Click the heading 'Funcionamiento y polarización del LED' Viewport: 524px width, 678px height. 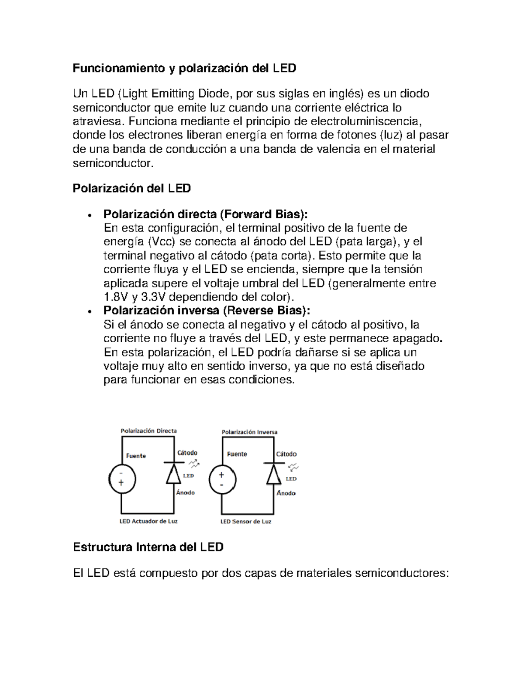tap(184, 68)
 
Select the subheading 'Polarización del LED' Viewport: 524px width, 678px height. tap(131, 188)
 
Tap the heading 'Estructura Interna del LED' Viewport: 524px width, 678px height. tap(148, 547)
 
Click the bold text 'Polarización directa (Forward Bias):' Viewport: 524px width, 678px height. tap(205, 214)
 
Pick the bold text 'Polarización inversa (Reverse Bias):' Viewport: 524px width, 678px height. tap(207, 310)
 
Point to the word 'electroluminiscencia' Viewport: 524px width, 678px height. tap(366, 121)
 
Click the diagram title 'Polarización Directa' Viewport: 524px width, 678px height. tap(148, 430)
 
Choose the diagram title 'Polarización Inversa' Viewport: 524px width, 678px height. tap(249, 432)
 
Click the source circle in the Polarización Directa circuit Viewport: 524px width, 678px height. tap(122, 479)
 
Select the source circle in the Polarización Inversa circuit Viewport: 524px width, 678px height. tap(223, 480)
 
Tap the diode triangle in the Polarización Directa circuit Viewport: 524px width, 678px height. tap(174, 474)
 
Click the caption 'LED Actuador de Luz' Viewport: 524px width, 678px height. tap(148, 521)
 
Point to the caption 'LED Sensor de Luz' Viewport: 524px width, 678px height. tap(246, 521)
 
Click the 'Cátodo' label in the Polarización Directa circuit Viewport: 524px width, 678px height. tap(187, 453)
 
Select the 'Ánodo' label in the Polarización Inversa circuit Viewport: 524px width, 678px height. tap(286, 493)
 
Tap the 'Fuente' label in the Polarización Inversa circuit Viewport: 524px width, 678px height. tap(237, 454)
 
